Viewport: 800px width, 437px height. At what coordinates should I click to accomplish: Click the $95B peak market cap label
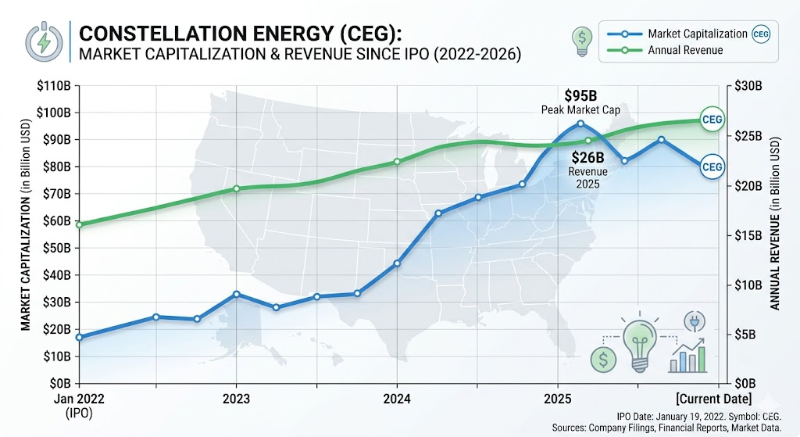(580, 95)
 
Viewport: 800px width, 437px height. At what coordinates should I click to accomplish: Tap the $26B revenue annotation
(587, 156)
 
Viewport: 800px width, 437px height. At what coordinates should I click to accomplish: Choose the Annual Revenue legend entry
(666, 50)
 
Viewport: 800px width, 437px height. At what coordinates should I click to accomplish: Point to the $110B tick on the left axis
(54, 86)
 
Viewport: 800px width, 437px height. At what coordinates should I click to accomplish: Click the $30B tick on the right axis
(748, 86)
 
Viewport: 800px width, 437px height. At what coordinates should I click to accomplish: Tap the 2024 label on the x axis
(396, 398)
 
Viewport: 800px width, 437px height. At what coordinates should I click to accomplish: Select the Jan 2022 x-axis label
(79, 399)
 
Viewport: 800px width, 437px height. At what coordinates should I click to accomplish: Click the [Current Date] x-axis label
(714, 399)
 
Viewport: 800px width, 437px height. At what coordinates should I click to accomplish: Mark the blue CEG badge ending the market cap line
(712, 167)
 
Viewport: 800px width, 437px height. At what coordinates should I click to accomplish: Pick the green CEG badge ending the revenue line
(712, 120)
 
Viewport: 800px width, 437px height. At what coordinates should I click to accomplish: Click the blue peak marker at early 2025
(580, 124)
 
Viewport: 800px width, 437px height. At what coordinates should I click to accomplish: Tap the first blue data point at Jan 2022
(79, 338)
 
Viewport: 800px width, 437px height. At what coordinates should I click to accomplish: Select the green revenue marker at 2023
(236, 188)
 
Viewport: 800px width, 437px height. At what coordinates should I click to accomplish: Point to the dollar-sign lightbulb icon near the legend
(582, 41)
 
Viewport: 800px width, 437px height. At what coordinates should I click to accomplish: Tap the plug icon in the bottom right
(695, 321)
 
